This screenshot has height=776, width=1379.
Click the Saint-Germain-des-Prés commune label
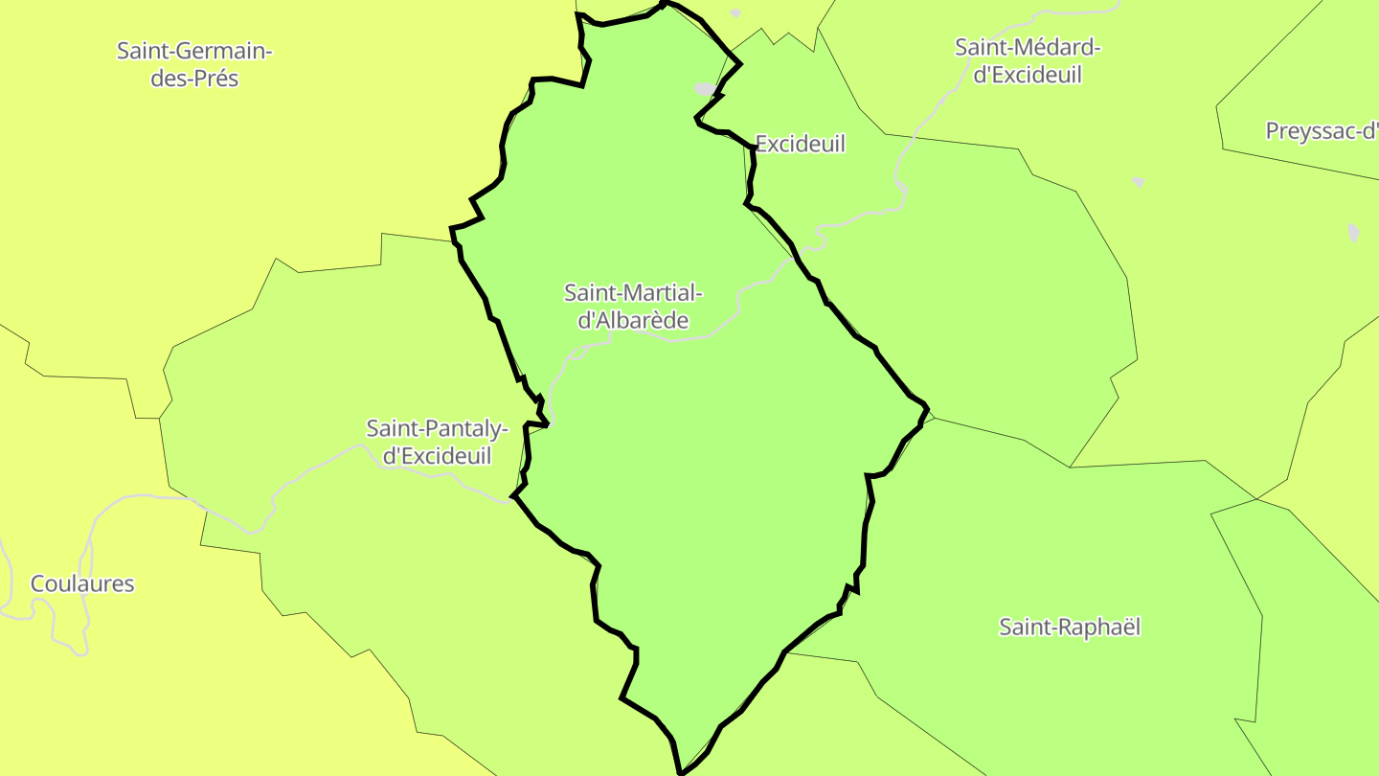(x=194, y=64)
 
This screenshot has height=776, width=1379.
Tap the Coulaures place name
(x=82, y=583)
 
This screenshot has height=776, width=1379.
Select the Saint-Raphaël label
(x=1070, y=628)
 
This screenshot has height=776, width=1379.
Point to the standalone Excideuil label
(x=801, y=144)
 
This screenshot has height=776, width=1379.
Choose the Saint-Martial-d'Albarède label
(x=633, y=307)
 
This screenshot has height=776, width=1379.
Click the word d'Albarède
(x=633, y=321)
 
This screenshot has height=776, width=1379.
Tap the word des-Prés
(x=194, y=79)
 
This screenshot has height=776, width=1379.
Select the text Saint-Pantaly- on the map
(x=437, y=428)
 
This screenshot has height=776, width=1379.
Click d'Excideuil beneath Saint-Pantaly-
(x=437, y=456)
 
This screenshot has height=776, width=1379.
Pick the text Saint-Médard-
(x=1029, y=47)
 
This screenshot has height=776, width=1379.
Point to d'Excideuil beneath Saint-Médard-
(x=1028, y=75)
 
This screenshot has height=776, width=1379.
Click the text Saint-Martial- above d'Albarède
(x=633, y=292)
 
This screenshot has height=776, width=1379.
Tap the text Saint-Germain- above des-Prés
(x=194, y=51)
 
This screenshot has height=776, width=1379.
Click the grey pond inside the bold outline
(x=705, y=89)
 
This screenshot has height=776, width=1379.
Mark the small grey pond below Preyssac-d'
(x=1138, y=181)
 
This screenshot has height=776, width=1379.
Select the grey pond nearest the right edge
(x=1353, y=232)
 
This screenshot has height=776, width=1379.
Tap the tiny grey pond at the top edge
(x=735, y=13)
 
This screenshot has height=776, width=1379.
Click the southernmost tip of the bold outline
(x=681, y=771)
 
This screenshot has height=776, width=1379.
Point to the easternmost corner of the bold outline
(x=927, y=409)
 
